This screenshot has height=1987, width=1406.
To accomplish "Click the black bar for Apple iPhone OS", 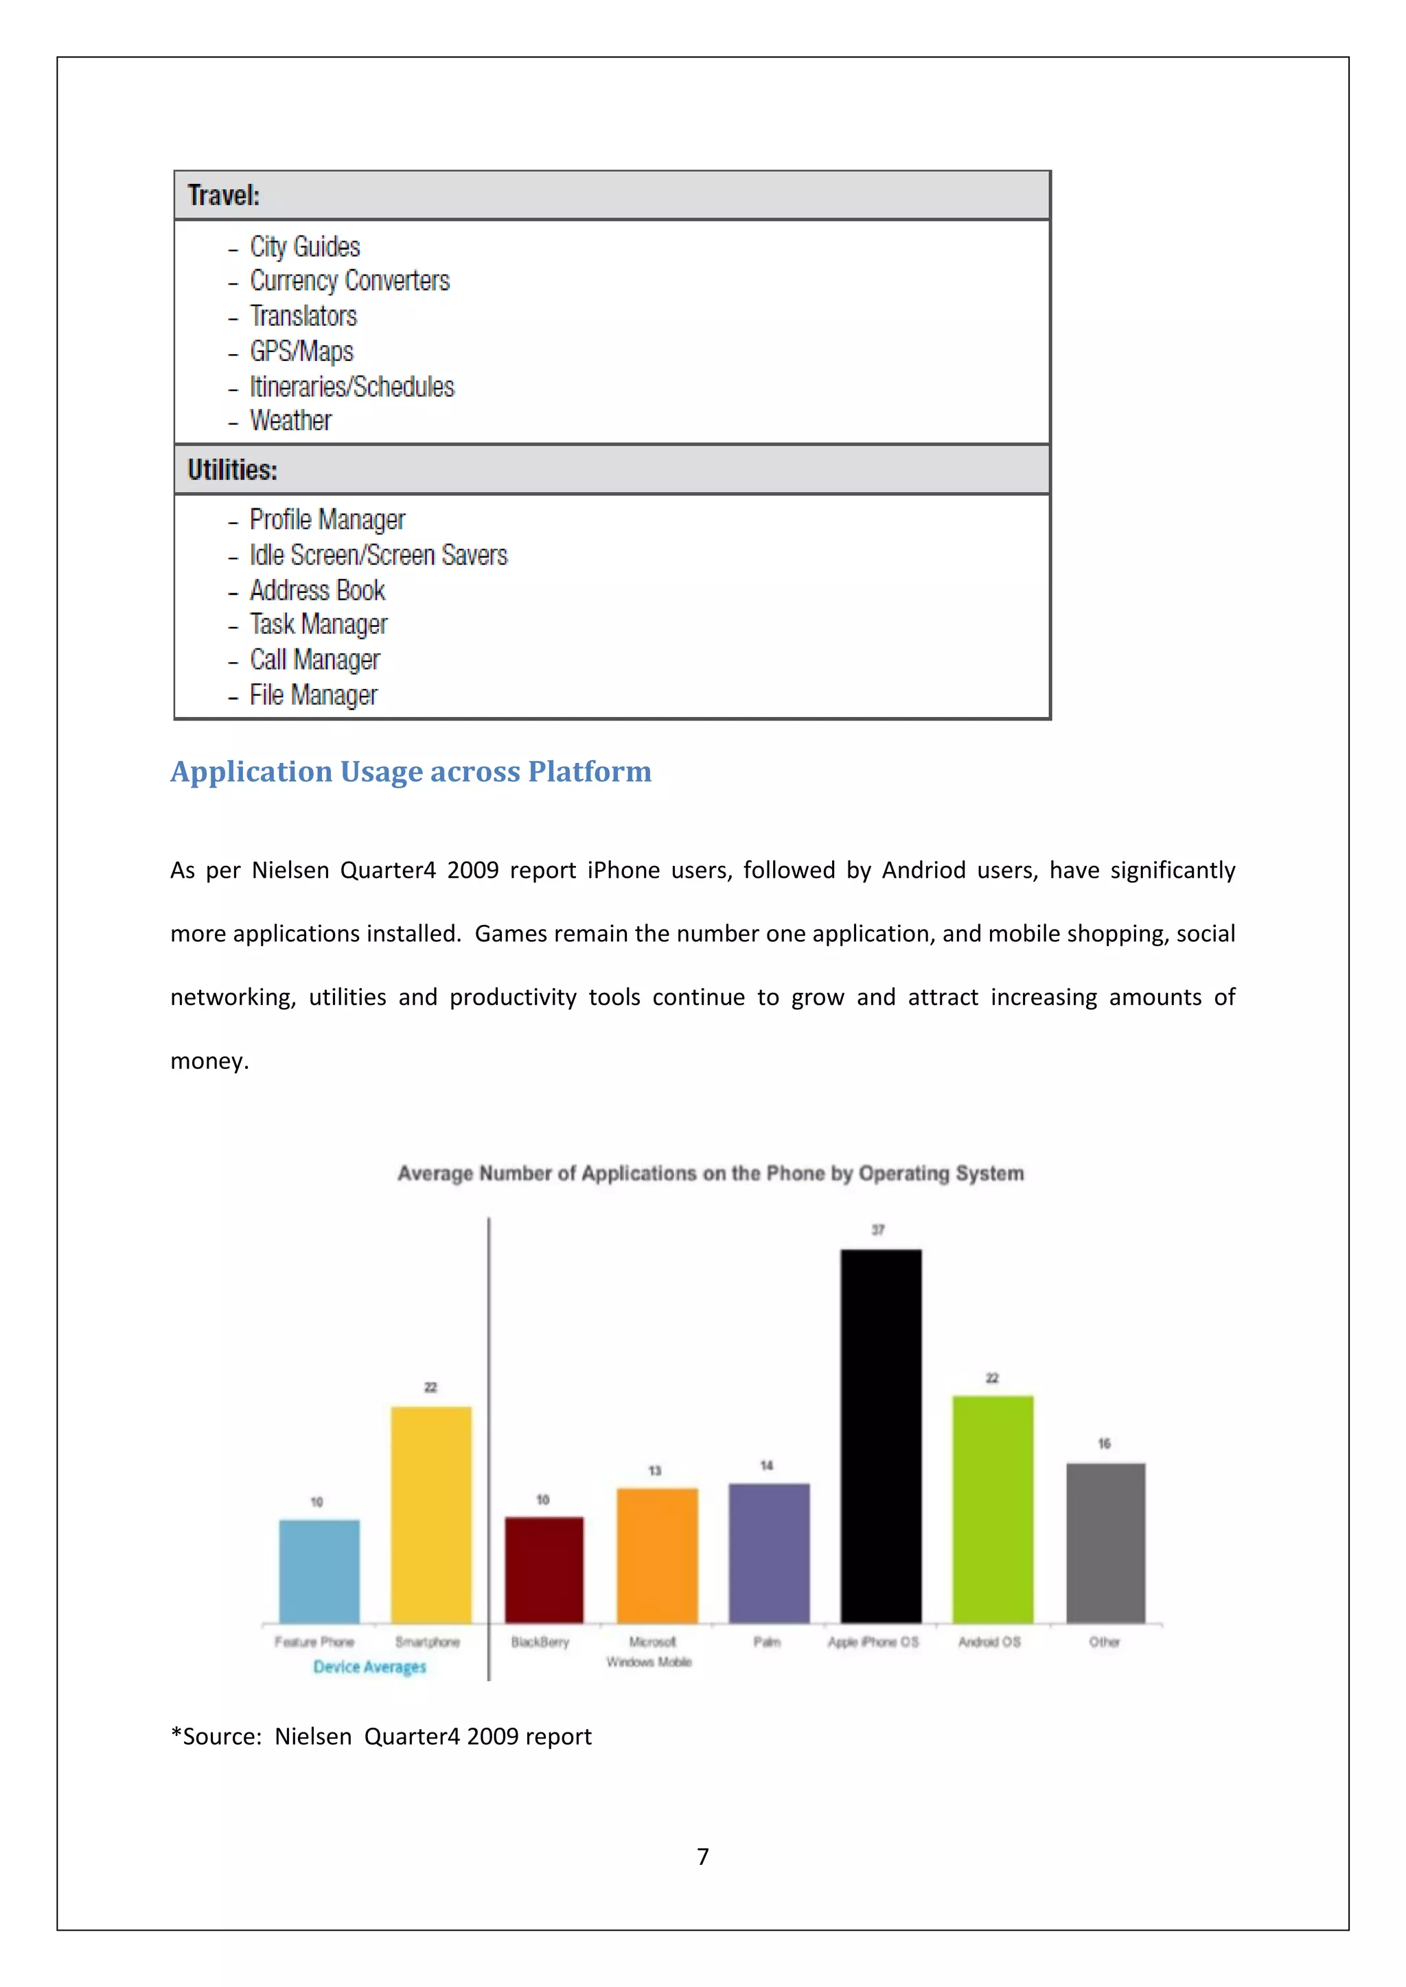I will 881,1437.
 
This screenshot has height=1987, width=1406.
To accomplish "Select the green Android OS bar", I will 992,1509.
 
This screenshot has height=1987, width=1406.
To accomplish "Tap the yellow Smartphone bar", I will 431,1514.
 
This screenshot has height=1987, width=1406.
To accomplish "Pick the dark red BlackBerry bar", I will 544,1570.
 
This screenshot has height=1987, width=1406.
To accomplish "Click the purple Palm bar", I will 769,1553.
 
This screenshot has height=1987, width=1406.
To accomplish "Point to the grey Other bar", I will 1105,1543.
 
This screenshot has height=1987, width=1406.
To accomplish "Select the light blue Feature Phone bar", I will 319,1571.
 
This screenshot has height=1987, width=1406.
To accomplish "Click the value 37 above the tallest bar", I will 878,1230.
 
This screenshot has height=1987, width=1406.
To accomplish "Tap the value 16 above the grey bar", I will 1104,1444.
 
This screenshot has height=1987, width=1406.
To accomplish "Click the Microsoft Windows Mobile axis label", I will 650,1651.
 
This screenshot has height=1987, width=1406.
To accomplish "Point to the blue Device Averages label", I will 369,1667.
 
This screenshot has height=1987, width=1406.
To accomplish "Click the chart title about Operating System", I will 710,1173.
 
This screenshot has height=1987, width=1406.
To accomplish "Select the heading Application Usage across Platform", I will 411,771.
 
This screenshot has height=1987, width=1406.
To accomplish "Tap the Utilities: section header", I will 233,470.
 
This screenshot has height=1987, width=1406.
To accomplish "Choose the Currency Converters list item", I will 349,281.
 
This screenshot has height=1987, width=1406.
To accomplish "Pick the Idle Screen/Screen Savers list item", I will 378,555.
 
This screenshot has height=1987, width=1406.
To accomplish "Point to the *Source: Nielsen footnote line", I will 381,1736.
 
